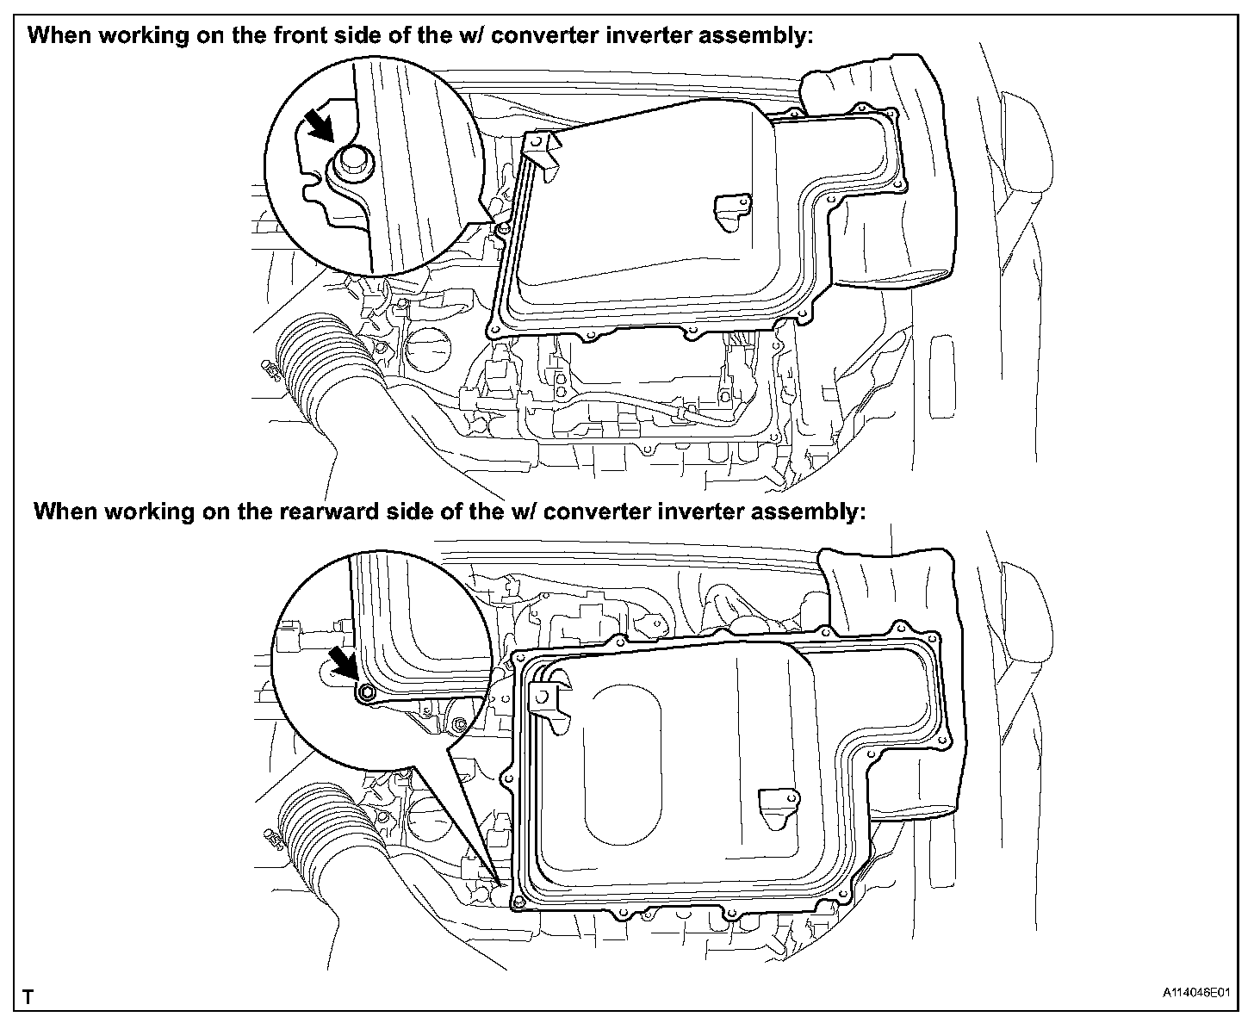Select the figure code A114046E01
point(1198,994)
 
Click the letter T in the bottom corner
point(28,997)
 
